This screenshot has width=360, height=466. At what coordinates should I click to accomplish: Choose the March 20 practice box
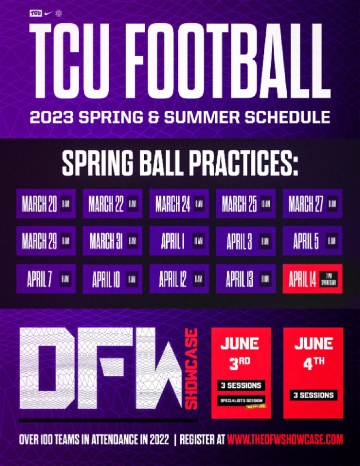pyautogui.click(x=46, y=204)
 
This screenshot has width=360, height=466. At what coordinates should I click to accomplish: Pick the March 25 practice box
pyautogui.click(x=246, y=204)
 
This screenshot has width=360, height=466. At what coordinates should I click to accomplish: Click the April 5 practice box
pyautogui.click(x=312, y=241)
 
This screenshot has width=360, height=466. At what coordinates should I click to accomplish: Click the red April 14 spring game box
pyautogui.click(x=312, y=279)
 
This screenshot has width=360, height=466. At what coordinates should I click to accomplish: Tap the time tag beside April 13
pyautogui.click(x=265, y=279)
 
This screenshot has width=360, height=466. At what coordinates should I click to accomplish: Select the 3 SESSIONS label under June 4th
pyautogui.click(x=313, y=395)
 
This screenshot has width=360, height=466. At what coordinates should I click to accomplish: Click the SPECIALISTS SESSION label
pyautogui.click(x=241, y=400)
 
